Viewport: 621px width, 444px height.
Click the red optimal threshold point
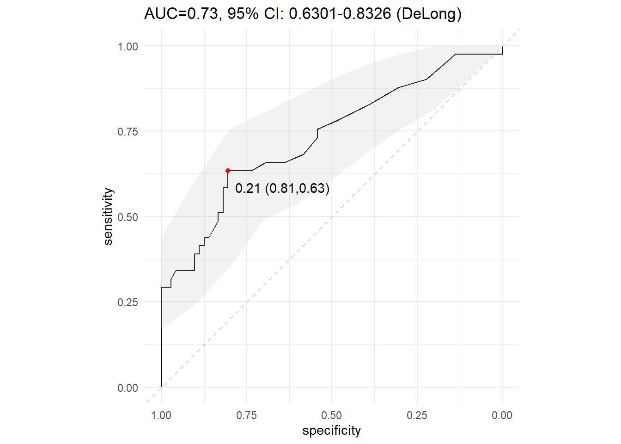point(228,171)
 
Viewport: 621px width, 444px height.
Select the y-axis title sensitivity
point(108,216)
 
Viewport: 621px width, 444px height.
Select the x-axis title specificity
point(332,431)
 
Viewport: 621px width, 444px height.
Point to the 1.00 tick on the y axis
point(128,47)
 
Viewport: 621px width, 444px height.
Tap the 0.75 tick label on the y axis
point(128,131)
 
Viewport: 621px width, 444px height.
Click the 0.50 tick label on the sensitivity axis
point(128,217)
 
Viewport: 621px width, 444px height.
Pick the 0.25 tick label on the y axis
point(128,302)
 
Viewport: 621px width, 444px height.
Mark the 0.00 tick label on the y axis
point(128,388)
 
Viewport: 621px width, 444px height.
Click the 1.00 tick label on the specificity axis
point(161,415)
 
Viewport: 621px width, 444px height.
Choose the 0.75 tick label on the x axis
point(246,415)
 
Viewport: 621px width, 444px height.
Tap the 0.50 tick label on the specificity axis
point(332,415)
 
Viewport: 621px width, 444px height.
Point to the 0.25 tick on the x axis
point(417,415)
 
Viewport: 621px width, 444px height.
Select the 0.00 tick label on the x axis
point(502,415)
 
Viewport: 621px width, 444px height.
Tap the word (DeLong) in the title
point(429,14)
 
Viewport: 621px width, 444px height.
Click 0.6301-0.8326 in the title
point(340,13)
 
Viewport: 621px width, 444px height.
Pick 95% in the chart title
point(243,13)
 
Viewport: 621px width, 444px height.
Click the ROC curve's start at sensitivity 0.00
point(161,387)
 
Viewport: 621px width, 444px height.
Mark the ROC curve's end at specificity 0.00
point(502,46)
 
